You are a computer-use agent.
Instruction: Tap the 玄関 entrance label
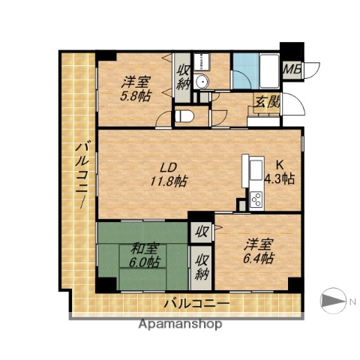pos(267,102)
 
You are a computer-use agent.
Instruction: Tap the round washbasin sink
pos(200,82)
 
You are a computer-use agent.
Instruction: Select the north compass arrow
pos(331,301)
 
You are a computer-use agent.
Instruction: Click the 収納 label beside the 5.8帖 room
pos(183,76)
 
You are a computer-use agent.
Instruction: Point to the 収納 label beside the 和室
pos(202,266)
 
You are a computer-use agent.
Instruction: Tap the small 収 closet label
pos(202,232)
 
